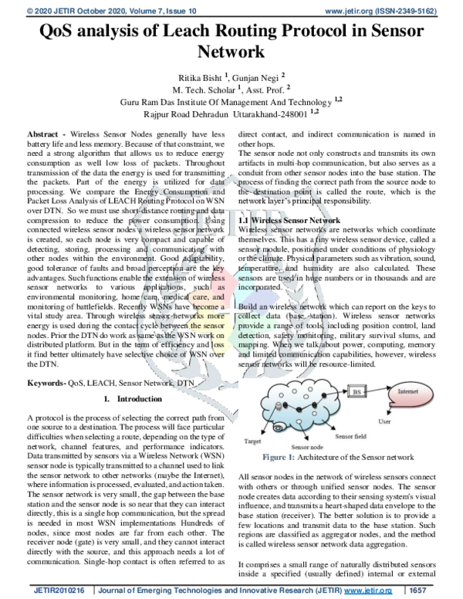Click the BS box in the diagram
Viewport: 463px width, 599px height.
(x=357, y=392)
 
